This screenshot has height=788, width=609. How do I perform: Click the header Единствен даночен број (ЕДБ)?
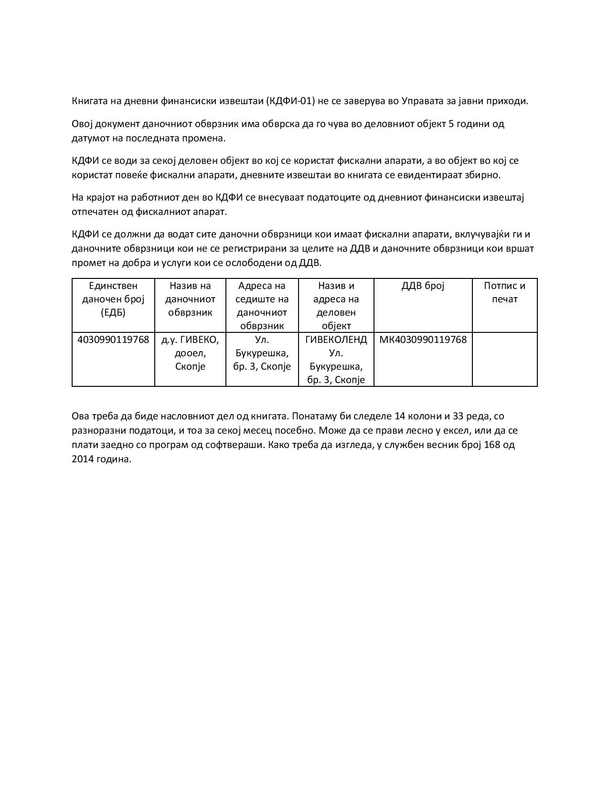113,299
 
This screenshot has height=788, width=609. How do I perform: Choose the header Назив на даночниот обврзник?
190,299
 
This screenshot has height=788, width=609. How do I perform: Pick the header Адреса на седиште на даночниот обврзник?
262,306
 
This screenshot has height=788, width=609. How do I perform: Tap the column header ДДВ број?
423,286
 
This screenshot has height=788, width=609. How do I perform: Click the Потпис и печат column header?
504,292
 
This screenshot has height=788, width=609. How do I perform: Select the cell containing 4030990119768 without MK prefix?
113,340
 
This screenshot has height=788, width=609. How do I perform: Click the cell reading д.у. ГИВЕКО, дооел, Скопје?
190,353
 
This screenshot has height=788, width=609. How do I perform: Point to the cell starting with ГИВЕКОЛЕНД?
336,360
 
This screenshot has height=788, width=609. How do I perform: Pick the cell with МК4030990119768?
423,340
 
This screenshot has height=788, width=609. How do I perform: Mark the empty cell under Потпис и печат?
504,359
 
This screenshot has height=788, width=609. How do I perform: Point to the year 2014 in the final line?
83,459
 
